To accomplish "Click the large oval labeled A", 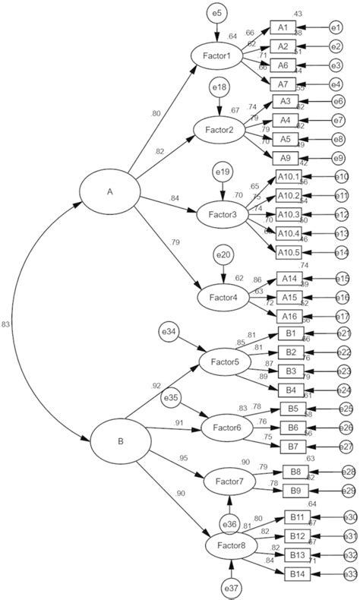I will [109, 191].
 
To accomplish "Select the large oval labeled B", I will [120, 439].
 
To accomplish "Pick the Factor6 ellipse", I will [228, 428].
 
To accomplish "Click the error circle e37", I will [232, 587].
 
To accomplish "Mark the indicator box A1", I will [282, 27].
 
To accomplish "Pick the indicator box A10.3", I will [289, 214].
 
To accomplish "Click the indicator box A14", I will [288, 279].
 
